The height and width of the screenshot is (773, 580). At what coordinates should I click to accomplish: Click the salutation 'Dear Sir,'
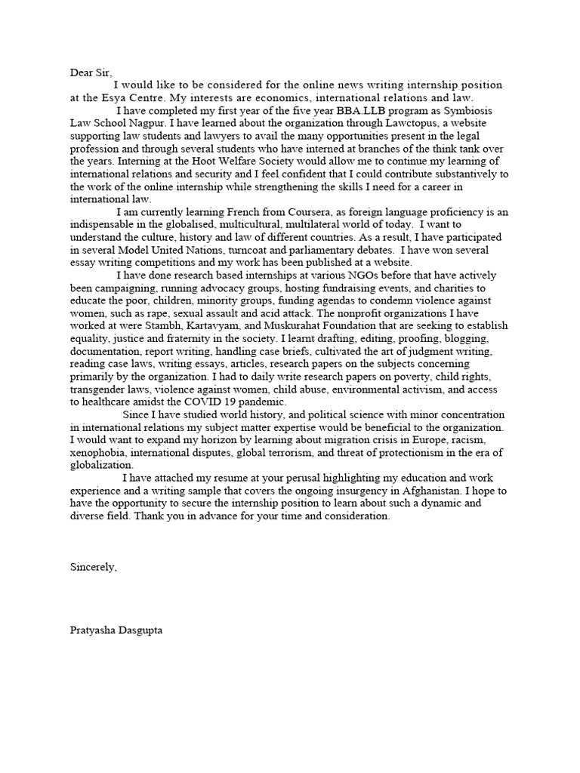pyautogui.click(x=91, y=72)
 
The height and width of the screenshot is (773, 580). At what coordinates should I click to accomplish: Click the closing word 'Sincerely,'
pyautogui.click(x=94, y=567)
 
